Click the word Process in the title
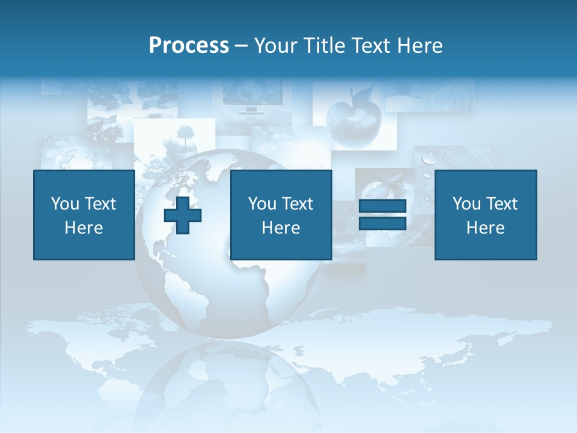pyautogui.click(x=189, y=46)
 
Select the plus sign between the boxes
pyautogui.click(x=183, y=215)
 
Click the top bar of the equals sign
pyautogui.click(x=382, y=206)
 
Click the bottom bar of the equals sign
pyautogui.click(x=382, y=223)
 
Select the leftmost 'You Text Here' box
pyautogui.click(x=84, y=215)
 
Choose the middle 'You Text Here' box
pyautogui.click(x=281, y=215)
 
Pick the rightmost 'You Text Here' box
pyautogui.click(x=486, y=215)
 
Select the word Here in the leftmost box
pyautogui.click(x=84, y=227)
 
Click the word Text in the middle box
pyautogui.click(x=298, y=204)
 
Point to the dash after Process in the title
pyautogui.click(x=242, y=46)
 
